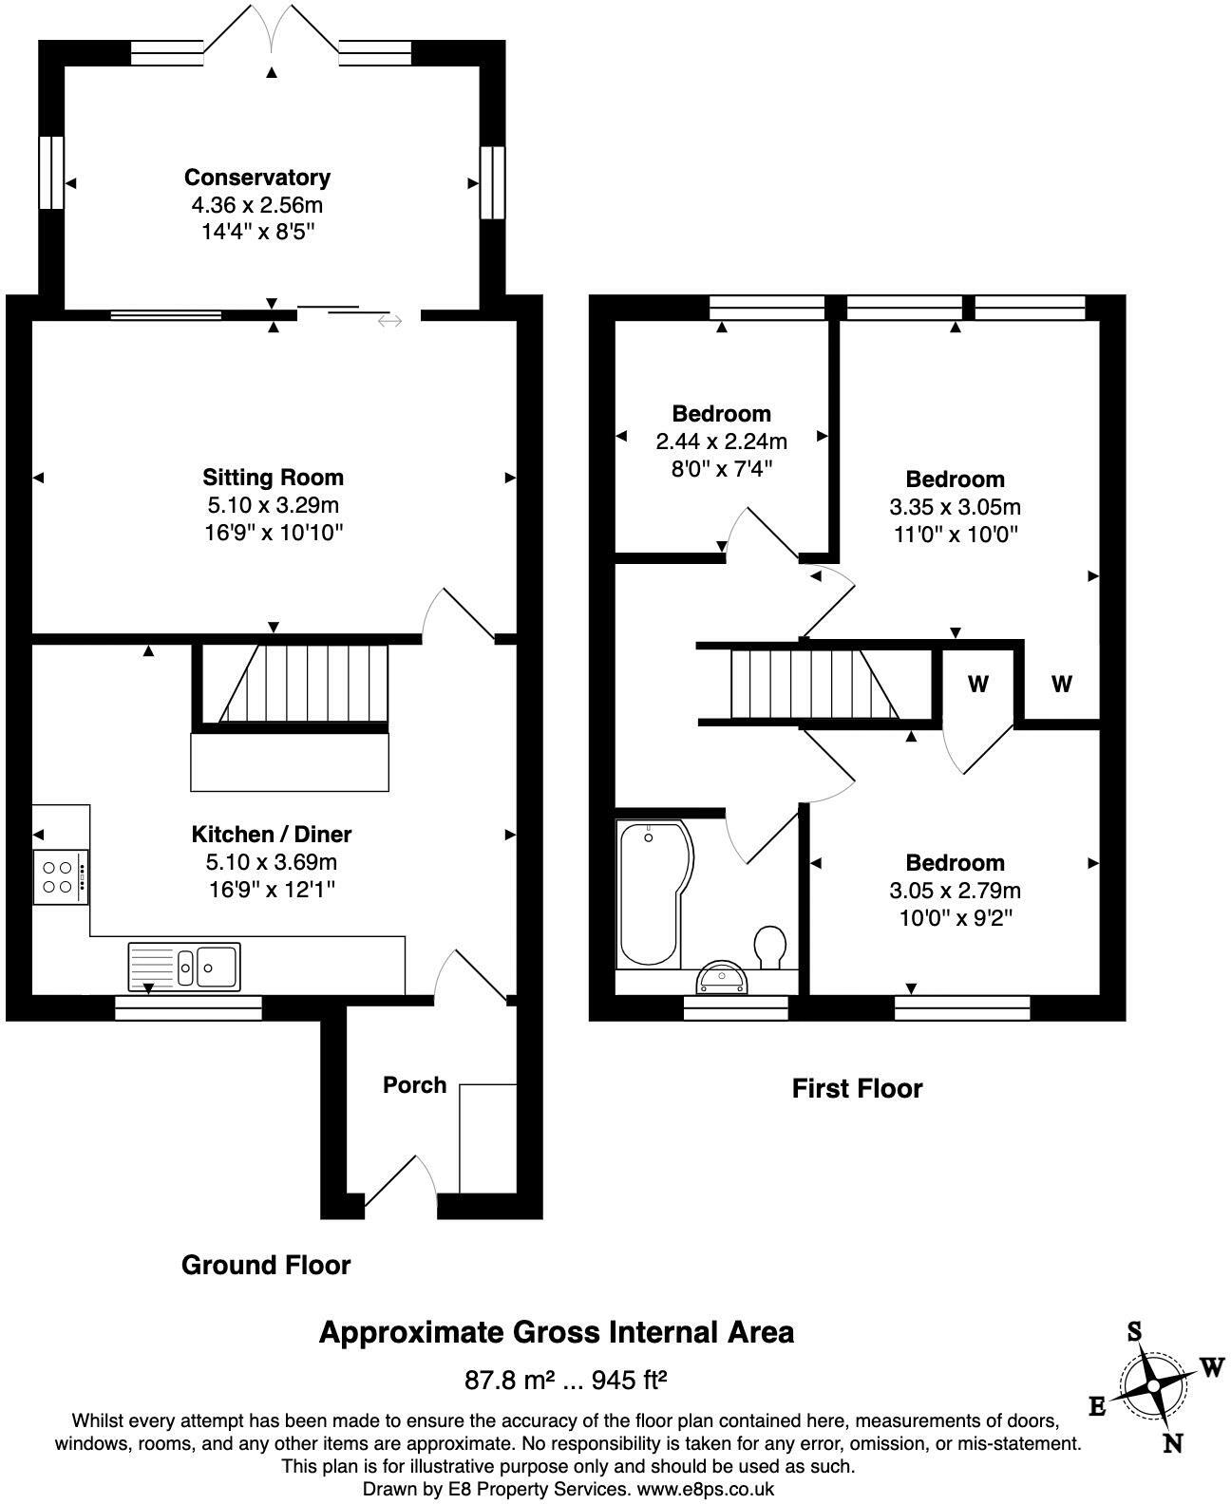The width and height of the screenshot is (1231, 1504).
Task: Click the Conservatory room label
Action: [x=256, y=178]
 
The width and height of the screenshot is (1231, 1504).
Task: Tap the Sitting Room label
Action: [x=273, y=478]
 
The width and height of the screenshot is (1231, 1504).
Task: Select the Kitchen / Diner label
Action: [x=272, y=835]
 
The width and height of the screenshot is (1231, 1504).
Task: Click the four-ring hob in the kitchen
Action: [x=61, y=877]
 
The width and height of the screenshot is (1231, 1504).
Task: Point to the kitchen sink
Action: [x=185, y=966]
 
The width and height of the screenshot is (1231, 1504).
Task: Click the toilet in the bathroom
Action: [x=769, y=947]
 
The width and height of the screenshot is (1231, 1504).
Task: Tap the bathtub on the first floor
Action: [x=650, y=894]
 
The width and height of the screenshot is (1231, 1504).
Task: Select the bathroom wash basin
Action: [x=725, y=978]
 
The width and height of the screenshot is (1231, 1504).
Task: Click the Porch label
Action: [x=414, y=1085]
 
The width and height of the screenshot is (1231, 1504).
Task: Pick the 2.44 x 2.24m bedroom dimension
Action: [x=721, y=442]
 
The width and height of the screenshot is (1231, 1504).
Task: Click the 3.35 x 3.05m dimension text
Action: [x=955, y=507]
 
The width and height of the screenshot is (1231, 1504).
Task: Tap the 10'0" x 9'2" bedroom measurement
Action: [x=955, y=918]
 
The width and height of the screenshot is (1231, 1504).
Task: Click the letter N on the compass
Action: [x=1173, y=1443]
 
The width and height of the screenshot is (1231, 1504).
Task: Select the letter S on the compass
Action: [x=1134, y=1332]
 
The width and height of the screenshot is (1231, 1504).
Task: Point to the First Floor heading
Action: [x=857, y=1088]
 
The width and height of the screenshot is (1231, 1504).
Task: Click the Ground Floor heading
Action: [x=266, y=1265]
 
